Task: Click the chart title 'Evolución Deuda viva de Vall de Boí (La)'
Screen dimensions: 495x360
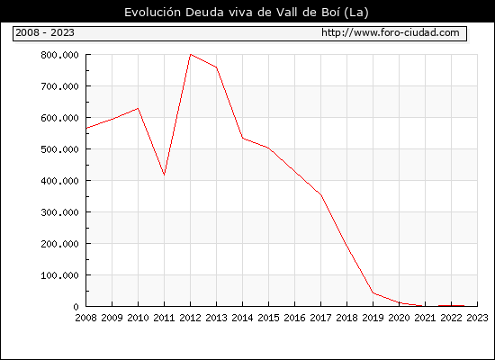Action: click(247, 12)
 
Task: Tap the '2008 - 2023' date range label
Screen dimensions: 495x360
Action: click(45, 32)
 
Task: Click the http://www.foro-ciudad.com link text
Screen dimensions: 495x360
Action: click(391, 32)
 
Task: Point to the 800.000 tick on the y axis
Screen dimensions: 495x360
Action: click(59, 55)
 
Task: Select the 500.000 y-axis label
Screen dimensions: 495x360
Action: click(59, 149)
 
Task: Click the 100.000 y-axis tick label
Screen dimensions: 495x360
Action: click(59, 275)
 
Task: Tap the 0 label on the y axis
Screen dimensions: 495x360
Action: click(76, 307)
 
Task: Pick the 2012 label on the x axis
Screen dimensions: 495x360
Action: click(190, 318)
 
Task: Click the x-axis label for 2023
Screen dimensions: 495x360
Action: click(477, 318)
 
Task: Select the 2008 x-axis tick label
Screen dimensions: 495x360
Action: click(85, 318)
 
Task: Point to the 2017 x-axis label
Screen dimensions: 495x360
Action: click(320, 318)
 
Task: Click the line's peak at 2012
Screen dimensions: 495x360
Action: click(191, 54)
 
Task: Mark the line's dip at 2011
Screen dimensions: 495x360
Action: click(164, 175)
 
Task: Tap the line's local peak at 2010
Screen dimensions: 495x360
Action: click(138, 108)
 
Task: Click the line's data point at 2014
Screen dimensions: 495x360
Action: click(242, 138)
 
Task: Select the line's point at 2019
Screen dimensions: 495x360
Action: click(373, 292)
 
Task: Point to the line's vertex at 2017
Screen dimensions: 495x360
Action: click(320, 195)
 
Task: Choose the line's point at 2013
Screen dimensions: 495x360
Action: click(216, 67)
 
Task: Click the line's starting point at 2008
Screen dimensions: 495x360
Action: click(86, 128)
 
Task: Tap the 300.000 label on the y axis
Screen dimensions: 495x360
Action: click(59, 212)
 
